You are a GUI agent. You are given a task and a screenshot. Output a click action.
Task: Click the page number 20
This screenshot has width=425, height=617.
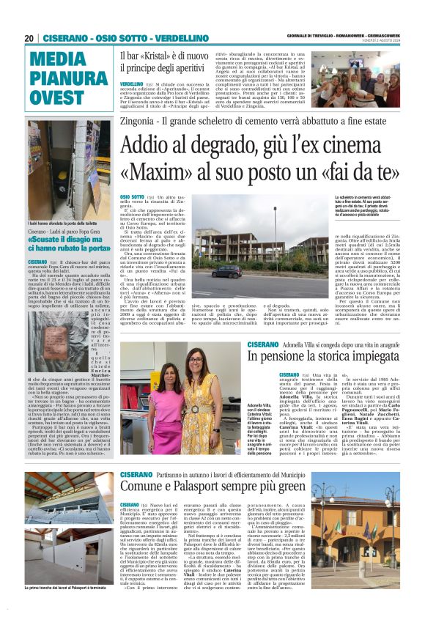[x=29, y=37]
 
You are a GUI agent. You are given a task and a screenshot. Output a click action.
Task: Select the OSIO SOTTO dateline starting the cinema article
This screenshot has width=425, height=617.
[x=133, y=197]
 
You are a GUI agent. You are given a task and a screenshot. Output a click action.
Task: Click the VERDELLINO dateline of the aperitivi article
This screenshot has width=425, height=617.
[x=133, y=84]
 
